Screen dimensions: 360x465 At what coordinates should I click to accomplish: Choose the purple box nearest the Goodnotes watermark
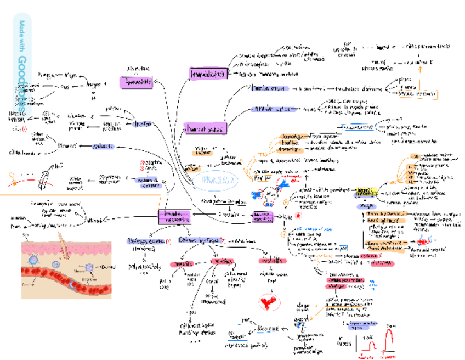135,82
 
